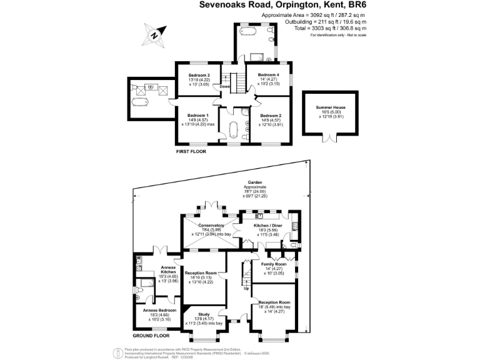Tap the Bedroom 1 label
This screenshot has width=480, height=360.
pyautogui.click(x=199, y=116)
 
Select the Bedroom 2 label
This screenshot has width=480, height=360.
pyautogui.click(x=271, y=116)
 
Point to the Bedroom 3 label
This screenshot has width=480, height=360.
pyautogui.click(x=199, y=76)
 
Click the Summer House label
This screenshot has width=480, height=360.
pyautogui.click(x=329, y=107)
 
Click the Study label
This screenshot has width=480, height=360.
pyautogui.click(x=204, y=314)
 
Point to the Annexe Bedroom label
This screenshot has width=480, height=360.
pyautogui.click(x=158, y=310)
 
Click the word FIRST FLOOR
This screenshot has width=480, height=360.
pyautogui.click(x=191, y=151)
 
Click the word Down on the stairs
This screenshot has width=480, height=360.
pyautogui.click(x=225, y=87)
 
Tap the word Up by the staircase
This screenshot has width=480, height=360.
pyautogui.click(x=246, y=288)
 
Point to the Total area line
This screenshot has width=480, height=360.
pyautogui.click(x=338, y=28)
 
